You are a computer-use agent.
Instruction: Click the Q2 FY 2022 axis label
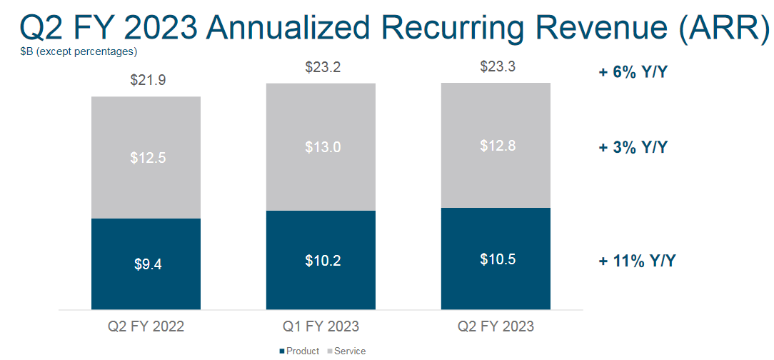pos(146,327)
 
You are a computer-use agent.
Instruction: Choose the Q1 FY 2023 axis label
pos(321,327)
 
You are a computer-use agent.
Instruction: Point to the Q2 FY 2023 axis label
pos(496,327)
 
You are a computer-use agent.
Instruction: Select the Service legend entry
pos(346,351)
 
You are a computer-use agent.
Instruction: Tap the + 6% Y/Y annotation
pos(633,72)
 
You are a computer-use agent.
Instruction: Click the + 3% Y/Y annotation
pos(633,148)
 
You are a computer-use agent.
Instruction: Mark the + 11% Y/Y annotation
pos(637,261)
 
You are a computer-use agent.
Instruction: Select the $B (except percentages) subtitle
pos(79,51)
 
